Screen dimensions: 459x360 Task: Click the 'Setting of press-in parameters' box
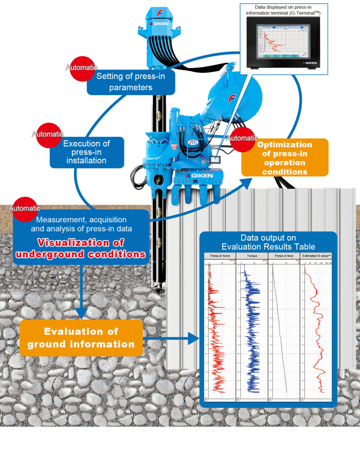(x=131, y=82)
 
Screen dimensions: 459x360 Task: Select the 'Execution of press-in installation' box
(x=87, y=152)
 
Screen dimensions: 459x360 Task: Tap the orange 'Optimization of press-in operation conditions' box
(x=285, y=158)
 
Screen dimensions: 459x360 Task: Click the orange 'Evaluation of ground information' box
(x=81, y=337)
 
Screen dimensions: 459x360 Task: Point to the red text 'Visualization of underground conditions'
(x=81, y=249)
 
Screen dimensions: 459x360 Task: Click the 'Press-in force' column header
(x=220, y=256)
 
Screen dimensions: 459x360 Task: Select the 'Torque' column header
(x=252, y=256)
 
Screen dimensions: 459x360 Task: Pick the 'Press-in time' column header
(x=284, y=256)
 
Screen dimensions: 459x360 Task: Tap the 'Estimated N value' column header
(x=316, y=256)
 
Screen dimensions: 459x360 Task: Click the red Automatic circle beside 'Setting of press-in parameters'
(x=82, y=68)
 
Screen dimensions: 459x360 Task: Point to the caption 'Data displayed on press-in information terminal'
(x=283, y=10)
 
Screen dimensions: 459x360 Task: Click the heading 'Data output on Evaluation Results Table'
(x=268, y=242)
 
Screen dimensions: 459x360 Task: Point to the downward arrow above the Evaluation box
(x=82, y=292)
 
